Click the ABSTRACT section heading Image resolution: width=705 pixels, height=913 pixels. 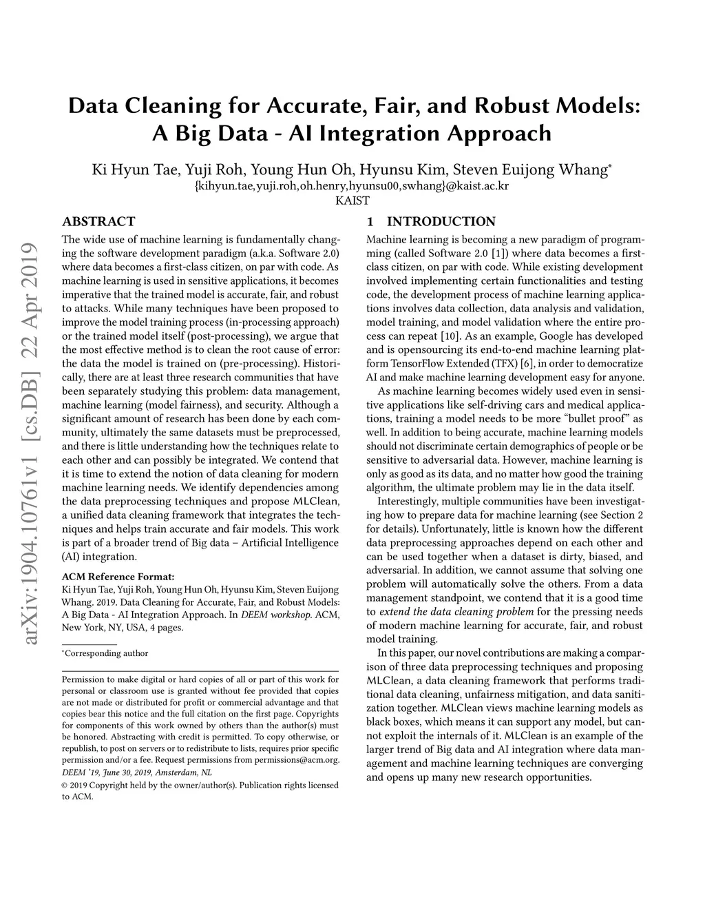coord(98,222)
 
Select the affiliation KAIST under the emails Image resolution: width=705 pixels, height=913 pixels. coord(352,201)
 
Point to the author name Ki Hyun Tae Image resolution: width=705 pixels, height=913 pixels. coord(121,170)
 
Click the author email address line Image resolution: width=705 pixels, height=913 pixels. coord(352,186)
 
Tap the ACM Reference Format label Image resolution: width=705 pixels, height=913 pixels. coord(118,576)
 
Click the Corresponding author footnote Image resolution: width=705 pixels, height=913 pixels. coord(106,653)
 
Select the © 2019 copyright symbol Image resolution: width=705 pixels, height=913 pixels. coord(65,786)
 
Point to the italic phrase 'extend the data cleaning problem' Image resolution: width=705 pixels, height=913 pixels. coord(456,612)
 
